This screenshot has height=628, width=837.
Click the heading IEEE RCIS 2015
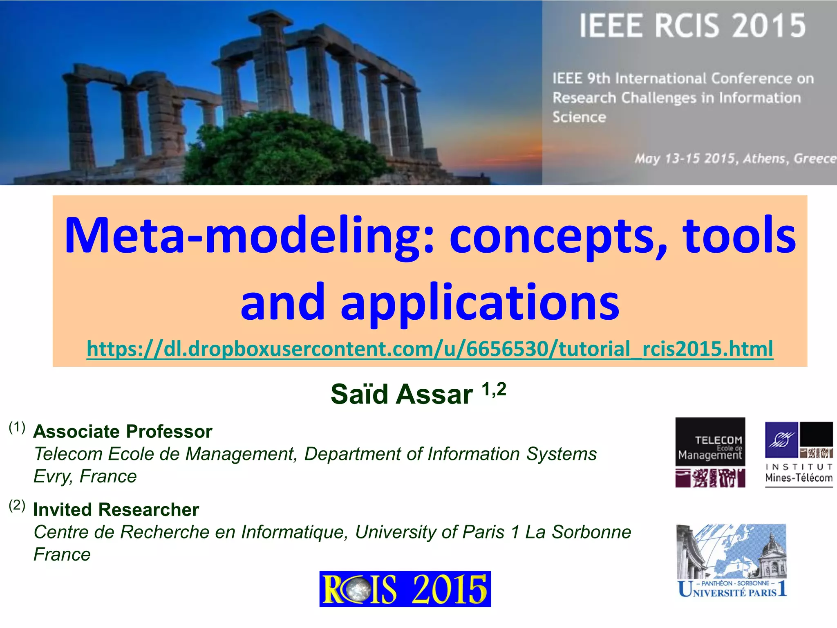[692, 26]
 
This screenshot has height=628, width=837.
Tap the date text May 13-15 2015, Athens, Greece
[735, 159]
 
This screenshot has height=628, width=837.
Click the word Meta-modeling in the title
[248, 235]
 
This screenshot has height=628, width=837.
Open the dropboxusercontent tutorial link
[430, 349]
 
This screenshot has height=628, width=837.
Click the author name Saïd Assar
[401, 394]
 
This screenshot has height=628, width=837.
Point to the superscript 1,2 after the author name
[494, 389]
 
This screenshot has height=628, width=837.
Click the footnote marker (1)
[17, 427]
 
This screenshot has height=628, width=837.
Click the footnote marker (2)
[17, 505]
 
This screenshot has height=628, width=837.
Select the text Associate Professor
[123, 432]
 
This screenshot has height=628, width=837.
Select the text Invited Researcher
[116, 510]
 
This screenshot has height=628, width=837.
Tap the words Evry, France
[85, 476]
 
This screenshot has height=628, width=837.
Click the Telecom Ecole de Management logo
[710, 452]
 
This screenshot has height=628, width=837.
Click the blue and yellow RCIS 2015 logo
[405, 589]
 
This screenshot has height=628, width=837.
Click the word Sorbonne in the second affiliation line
[591, 532]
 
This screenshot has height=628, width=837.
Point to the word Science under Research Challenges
[579, 117]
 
